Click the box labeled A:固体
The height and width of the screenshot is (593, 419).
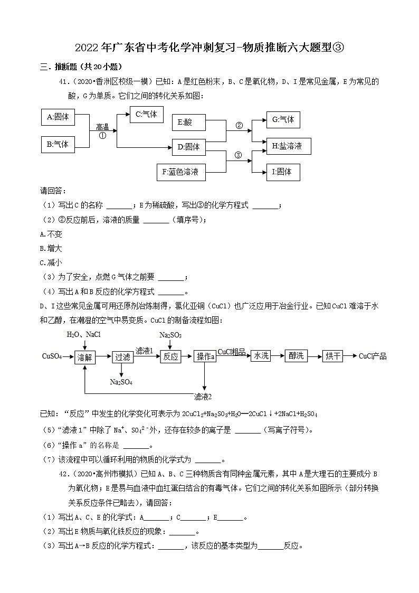(x=58, y=117)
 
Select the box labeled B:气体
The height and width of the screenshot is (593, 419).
(x=58, y=144)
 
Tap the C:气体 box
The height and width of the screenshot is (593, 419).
(x=146, y=115)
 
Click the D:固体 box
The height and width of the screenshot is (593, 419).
(x=188, y=147)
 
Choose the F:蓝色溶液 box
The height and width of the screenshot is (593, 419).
(x=180, y=172)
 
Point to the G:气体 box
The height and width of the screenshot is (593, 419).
(x=283, y=120)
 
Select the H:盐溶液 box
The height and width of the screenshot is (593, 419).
(x=288, y=146)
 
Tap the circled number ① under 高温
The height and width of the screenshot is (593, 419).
(x=102, y=135)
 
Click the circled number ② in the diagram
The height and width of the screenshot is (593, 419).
(x=239, y=126)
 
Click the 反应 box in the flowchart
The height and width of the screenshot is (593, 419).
(x=170, y=357)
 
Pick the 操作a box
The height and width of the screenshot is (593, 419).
(x=205, y=357)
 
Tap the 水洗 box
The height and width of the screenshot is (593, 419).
(x=260, y=356)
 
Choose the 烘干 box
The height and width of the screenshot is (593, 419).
(x=333, y=356)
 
